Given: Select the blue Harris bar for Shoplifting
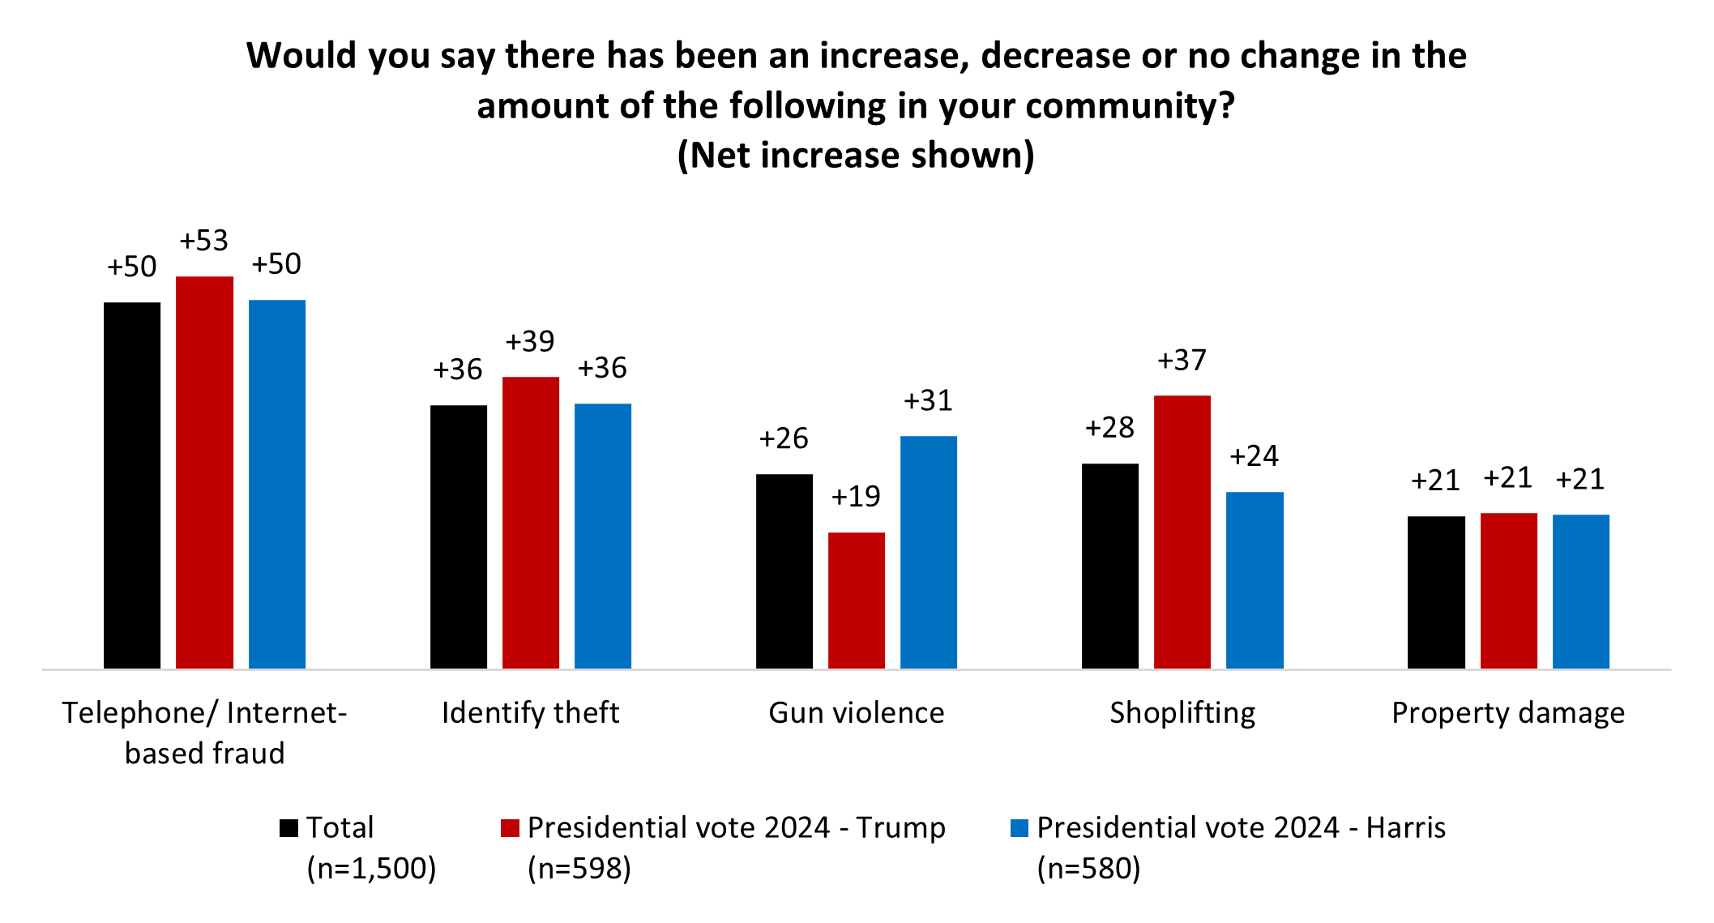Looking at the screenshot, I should pyautogui.click(x=1255, y=579).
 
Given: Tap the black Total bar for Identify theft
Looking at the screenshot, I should pyautogui.click(x=459, y=536).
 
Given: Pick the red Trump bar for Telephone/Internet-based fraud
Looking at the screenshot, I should pyautogui.click(x=204, y=472).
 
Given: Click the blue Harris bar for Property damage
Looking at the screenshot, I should pyautogui.click(x=1580, y=591).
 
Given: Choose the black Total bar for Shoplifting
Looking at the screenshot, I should pyautogui.click(x=1109, y=566).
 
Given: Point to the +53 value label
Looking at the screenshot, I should pyautogui.click(x=204, y=241).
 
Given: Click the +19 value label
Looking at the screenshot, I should pyautogui.click(x=856, y=497).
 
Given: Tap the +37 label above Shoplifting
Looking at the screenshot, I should pyautogui.click(x=1182, y=360).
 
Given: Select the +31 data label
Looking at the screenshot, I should pyautogui.click(x=928, y=400).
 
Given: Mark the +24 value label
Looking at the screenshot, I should pyautogui.click(x=1254, y=456).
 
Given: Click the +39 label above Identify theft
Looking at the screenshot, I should pyautogui.click(x=530, y=341).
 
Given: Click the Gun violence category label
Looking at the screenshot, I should pyautogui.click(x=856, y=713).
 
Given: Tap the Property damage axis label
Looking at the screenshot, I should pyautogui.click(x=1507, y=713).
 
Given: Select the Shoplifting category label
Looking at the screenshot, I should pyautogui.click(x=1182, y=713).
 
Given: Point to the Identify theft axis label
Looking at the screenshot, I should pyautogui.click(x=530, y=713).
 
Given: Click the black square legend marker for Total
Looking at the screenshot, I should pyautogui.click(x=289, y=828).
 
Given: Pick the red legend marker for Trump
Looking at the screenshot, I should pyautogui.click(x=510, y=828).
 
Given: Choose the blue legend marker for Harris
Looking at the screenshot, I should pyautogui.click(x=1019, y=828).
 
